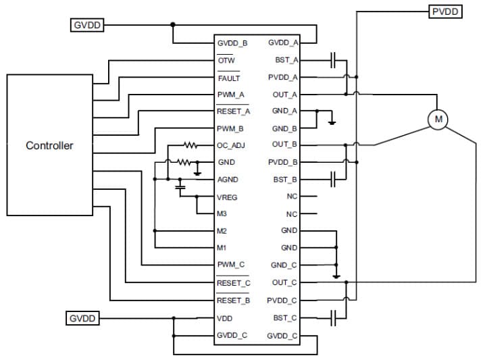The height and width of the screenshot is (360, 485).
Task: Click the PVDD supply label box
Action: pos(445,11)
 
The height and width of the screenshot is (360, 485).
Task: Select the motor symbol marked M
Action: pos(438,120)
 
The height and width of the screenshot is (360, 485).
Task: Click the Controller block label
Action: pos(49,145)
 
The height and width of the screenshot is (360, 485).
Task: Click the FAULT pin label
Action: pos(228,78)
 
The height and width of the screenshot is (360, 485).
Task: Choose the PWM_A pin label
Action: pos(230,95)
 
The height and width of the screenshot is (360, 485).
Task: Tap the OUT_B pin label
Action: pos(284,145)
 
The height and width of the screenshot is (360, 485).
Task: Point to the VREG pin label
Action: pos(227,198)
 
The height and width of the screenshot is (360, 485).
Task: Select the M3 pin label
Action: pos(222,214)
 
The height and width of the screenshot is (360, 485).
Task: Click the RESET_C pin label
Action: pos(233,283)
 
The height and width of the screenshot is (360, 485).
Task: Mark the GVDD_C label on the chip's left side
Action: pos(232,335)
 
